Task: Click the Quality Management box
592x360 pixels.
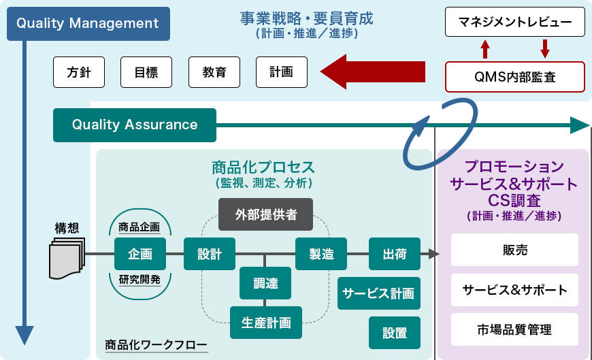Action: pyautogui.click(x=88, y=24)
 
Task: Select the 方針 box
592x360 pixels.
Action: pyautogui.click(x=79, y=72)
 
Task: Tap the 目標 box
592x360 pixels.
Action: pyautogui.click(x=146, y=72)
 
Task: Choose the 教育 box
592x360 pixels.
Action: pyautogui.click(x=214, y=72)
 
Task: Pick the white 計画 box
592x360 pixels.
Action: pyautogui.click(x=281, y=72)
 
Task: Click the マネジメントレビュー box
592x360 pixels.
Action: pyautogui.click(x=514, y=22)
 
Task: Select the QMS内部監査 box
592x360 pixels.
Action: pyautogui.click(x=514, y=77)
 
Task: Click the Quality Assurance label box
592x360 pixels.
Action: pyautogui.click(x=135, y=125)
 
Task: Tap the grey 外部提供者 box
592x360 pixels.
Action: pyautogui.click(x=266, y=215)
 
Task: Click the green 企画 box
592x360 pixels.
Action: pyautogui.click(x=140, y=255)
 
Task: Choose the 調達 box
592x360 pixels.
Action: pyautogui.click(x=265, y=283)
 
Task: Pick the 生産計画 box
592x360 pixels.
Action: pyautogui.click(x=265, y=323)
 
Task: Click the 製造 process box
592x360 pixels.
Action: pyautogui.click(x=321, y=255)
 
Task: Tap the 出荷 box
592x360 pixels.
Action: pyautogui.click(x=395, y=255)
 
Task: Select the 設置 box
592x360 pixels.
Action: pyautogui.click(x=395, y=333)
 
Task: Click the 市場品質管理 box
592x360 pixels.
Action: pyautogui.click(x=514, y=330)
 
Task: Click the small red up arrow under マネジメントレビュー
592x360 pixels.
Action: pyautogui.click(x=485, y=48)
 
